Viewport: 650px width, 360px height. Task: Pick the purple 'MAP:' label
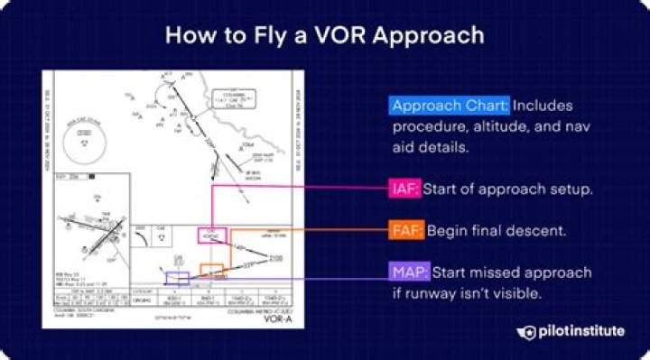410,272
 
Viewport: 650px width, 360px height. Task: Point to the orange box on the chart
211,270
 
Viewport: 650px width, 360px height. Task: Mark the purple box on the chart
178,279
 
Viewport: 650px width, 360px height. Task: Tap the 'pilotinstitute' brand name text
579,332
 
